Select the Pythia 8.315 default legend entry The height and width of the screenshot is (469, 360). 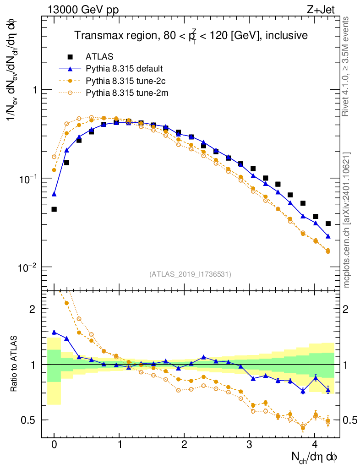[x=124, y=69]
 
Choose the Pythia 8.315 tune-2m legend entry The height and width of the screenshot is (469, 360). [x=125, y=93]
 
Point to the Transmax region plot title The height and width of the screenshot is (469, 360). [x=191, y=35]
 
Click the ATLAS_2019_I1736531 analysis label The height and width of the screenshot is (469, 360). [x=190, y=274]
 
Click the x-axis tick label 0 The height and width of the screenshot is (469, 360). [x=54, y=445]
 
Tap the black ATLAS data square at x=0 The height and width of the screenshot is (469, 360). [x=54, y=209]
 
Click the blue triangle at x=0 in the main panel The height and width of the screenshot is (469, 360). [x=54, y=194]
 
